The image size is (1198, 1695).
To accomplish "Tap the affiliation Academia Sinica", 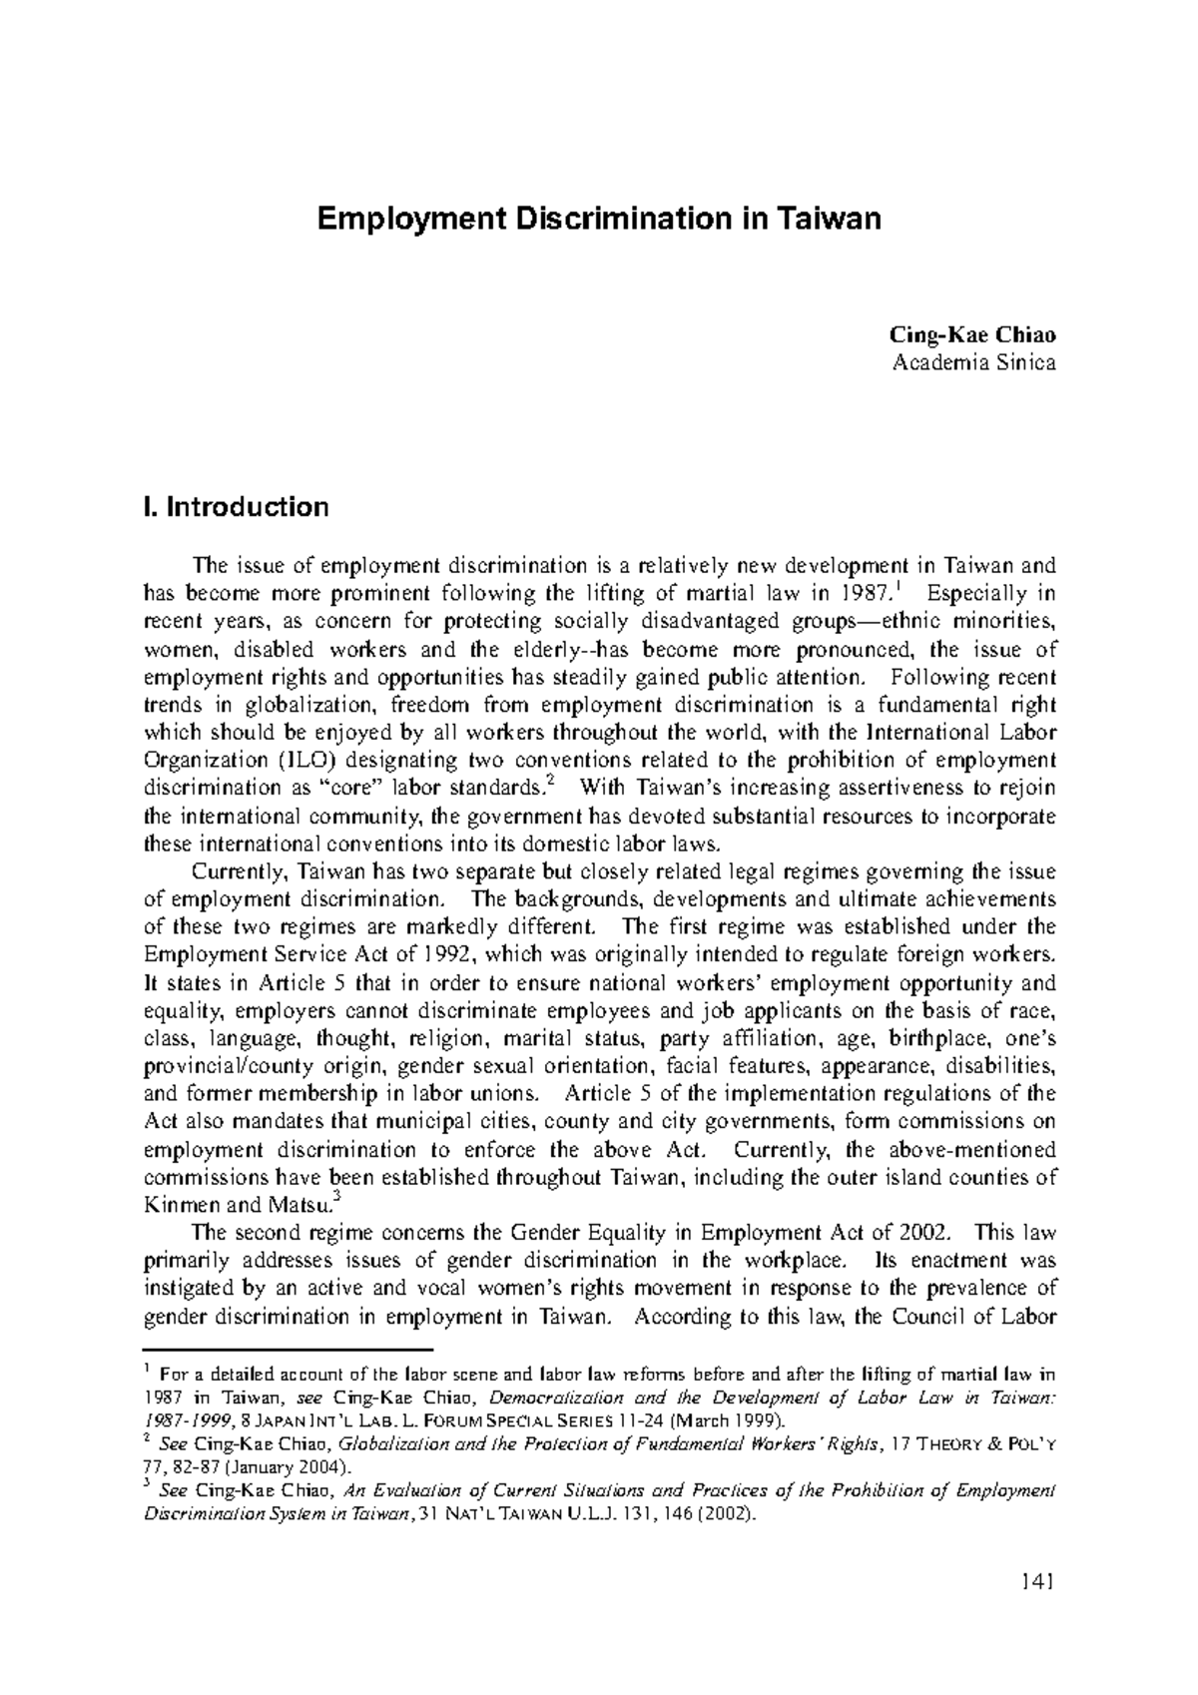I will (972, 363).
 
